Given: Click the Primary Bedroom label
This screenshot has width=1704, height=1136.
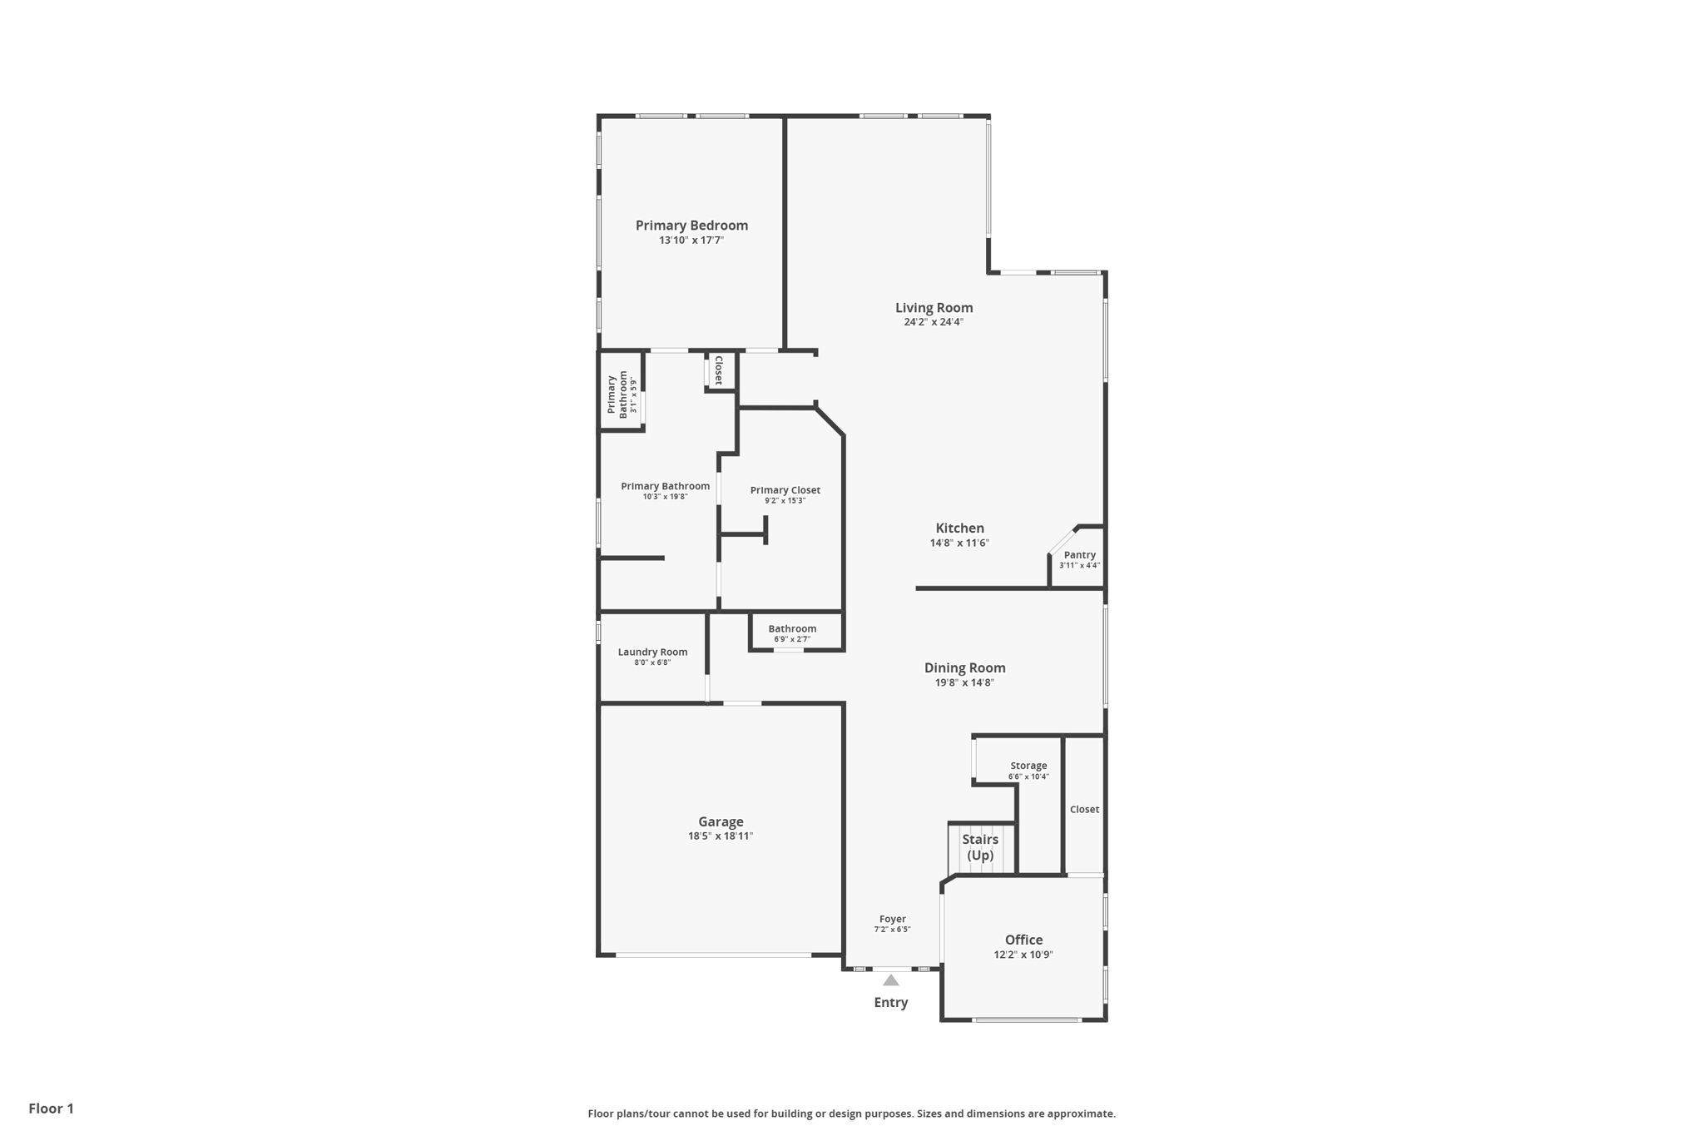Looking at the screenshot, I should click(x=691, y=226).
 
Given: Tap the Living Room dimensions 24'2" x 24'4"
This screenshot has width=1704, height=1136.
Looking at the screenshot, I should click(x=934, y=322).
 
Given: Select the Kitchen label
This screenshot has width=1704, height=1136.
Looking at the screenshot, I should click(x=959, y=528).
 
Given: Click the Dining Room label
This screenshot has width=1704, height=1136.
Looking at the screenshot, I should click(x=964, y=668).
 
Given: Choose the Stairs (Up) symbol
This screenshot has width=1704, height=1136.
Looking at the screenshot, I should click(x=981, y=848).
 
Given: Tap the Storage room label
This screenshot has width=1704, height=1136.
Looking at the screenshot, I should click(x=1028, y=766).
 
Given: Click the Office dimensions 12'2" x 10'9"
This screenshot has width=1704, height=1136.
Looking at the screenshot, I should click(x=1023, y=955).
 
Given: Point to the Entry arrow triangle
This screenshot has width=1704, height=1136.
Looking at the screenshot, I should click(x=891, y=980).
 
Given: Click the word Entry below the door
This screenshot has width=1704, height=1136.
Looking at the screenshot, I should click(x=890, y=1003).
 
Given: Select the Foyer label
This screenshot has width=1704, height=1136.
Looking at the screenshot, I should click(x=892, y=920).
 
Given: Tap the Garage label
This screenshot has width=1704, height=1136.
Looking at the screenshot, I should click(x=721, y=822).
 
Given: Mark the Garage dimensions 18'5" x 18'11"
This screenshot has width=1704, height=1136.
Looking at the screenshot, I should click(x=721, y=836).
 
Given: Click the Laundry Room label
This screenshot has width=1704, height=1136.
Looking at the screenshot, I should click(x=652, y=652).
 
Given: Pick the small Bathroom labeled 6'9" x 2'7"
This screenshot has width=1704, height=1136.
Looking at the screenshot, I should click(x=792, y=633).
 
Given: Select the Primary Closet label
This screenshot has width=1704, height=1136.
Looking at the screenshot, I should click(x=785, y=490).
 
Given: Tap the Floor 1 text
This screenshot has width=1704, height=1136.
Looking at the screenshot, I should click(x=51, y=1109).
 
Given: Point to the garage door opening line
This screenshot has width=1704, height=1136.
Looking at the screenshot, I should click(x=713, y=955).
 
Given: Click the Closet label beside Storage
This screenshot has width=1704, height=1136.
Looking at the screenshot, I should click(x=1084, y=810).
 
